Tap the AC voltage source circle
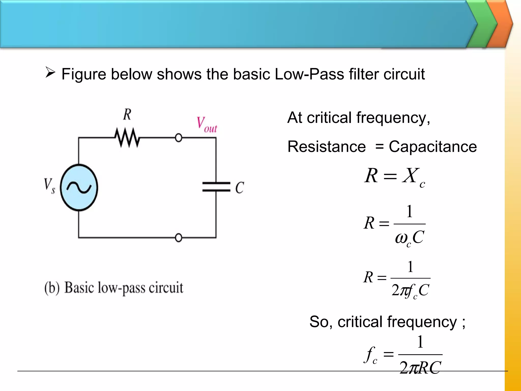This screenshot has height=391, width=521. (x=79, y=188)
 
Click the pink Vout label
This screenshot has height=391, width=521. (x=207, y=125)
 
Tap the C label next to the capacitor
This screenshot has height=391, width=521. (x=239, y=188)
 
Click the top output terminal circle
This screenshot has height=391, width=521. (x=179, y=138)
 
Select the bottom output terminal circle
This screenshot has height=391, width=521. (x=179, y=238)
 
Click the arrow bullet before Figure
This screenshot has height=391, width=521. (x=50, y=73)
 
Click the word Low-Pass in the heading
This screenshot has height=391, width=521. (x=309, y=74)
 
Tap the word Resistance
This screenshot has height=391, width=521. (x=326, y=147)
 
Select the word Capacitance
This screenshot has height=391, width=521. (x=432, y=147)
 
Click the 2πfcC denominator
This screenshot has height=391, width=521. (x=410, y=290)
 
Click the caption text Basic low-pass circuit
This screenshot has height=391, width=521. (x=124, y=288)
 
